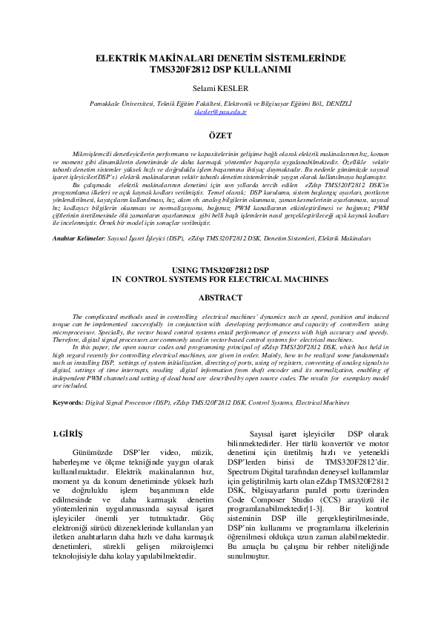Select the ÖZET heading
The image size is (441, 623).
(220, 135)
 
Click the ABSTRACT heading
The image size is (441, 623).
(220, 297)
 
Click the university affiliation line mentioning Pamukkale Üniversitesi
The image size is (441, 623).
(219, 104)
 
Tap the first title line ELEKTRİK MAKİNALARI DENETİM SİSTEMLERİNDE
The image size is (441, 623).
(220, 59)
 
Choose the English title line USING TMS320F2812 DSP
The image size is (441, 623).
(220, 271)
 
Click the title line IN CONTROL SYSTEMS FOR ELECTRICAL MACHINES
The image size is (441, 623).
(220, 280)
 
